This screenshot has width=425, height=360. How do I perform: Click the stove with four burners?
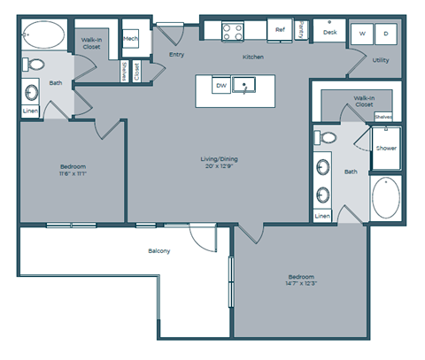click(232, 32)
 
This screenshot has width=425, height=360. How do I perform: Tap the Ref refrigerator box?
click(280, 30)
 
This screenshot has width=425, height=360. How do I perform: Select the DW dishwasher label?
click(222, 86)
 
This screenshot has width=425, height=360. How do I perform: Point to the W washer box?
click(362, 34)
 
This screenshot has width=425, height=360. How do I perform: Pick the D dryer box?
click(386, 34)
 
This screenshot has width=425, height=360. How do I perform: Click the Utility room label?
click(382, 60)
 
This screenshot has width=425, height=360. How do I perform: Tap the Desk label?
click(329, 32)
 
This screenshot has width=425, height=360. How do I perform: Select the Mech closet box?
click(130, 39)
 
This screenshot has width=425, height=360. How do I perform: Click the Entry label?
click(176, 56)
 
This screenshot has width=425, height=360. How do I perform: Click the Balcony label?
click(159, 251)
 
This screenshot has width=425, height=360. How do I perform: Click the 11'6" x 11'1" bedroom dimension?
click(73, 173)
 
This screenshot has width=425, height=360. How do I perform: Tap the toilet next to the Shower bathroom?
click(327, 138)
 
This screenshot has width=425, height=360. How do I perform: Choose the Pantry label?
click(302, 30)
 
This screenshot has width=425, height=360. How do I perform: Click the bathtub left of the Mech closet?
click(44, 36)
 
